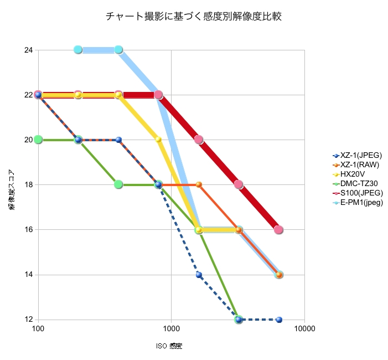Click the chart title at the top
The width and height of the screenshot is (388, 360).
pos(194,17)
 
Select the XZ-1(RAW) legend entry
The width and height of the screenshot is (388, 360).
pos(360,164)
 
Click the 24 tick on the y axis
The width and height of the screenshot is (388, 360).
pos(29,50)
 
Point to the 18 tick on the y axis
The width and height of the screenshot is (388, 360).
pos(29,184)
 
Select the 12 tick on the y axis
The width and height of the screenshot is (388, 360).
pos(29,320)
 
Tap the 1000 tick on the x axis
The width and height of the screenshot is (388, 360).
pos(171,329)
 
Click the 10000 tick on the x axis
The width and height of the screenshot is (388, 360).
pos(304,329)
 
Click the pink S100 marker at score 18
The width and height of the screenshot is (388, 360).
pos(239,184)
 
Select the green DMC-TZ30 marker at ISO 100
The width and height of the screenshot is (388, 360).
pos(38,140)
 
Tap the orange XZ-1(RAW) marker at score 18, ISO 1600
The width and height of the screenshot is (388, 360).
pos(199,184)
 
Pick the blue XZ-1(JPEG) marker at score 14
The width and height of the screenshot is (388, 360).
pos(199,275)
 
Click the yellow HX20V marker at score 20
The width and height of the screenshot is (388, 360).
pos(158,140)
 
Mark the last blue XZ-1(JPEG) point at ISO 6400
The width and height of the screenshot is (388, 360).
pos(279,320)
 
